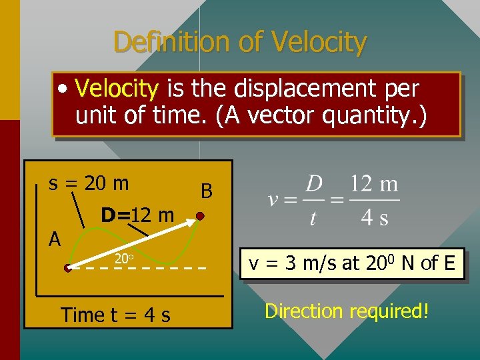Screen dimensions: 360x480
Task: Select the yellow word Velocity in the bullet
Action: (117, 89)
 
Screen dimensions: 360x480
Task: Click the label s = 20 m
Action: (89, 182)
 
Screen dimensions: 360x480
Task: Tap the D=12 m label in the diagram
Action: (137, 215)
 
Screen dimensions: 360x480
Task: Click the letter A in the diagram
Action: (55, 239)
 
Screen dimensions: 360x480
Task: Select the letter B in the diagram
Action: (207, 192)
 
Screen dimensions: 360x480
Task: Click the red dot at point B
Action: (199, 217)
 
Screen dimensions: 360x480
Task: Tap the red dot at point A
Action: (68, 269)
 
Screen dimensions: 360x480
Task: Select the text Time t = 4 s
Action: (115, 314)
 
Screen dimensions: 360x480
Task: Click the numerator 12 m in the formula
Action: (374, 183)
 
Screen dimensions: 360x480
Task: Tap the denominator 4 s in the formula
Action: (375, 218)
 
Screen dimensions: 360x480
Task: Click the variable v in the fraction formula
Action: (273, 200)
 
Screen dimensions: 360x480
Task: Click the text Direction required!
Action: (347, 311)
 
